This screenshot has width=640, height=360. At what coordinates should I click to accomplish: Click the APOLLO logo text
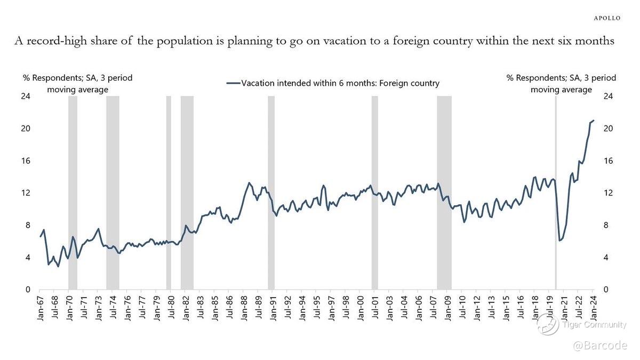click(607, 18)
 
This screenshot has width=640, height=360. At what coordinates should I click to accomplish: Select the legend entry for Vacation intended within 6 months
click(333, 83)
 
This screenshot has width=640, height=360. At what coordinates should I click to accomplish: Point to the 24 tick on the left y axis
click(26, 97)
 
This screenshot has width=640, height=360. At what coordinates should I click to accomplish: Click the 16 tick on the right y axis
click(607, 161)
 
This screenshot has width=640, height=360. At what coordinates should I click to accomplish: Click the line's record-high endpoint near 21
click(594, 121)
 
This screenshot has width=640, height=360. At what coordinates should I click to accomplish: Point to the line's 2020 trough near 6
click(559, 241)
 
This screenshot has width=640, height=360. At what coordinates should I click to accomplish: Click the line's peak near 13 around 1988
click(249, 183)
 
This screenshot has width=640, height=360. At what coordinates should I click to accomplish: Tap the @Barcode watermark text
click(600, 346)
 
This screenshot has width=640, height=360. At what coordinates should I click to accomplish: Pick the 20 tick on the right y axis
click(607, 129)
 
